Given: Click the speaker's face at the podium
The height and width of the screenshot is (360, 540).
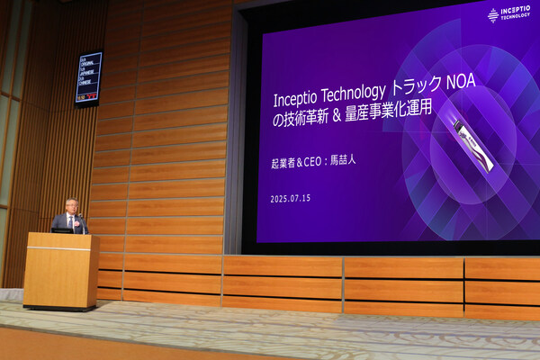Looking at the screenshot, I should click(x=71, y=207).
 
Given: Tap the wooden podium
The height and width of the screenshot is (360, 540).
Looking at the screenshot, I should click(x=60, y=270).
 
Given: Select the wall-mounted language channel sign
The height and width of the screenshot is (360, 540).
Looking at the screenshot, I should click(x=88, y=77).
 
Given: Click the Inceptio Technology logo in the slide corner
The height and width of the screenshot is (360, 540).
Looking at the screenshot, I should click(x=508, y=13).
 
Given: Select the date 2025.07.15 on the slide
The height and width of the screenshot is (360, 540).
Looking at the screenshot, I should click(x=290, y=198).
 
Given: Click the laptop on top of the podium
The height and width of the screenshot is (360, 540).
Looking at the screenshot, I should click(x=61, y=230).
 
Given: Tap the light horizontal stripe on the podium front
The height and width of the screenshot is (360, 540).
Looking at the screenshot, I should click(x=59, y=247).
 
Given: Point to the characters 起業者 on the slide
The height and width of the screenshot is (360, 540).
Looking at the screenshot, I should click(x=284, y=164).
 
